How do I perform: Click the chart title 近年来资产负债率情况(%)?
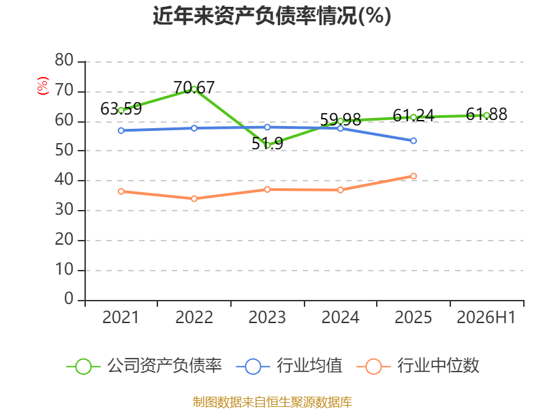click(272, 16)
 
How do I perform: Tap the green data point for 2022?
click(194, 89)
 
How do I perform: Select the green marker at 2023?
click(267, 145)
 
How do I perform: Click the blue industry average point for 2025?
click(414, 141)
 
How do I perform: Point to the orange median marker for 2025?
click(414, 176)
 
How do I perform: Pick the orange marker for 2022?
click(194, 198)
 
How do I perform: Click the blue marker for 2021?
click(121, 130)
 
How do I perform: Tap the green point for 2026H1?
click(486, 115)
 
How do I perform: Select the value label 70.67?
click(194, 87)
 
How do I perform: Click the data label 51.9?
click(267, 144)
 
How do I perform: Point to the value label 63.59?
click(121, 109)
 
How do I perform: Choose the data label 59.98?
click(340, 120)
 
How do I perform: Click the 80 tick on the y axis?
click(64, 60)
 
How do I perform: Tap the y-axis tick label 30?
click(64, 210)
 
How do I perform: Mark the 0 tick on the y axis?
click(69, 299)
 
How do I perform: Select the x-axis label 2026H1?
click(486, 317)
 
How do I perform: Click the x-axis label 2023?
click(267, 317)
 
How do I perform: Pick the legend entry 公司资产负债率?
click(144, 366)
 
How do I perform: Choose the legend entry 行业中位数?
click(418, 366)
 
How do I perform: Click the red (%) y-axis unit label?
click(43, 86)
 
